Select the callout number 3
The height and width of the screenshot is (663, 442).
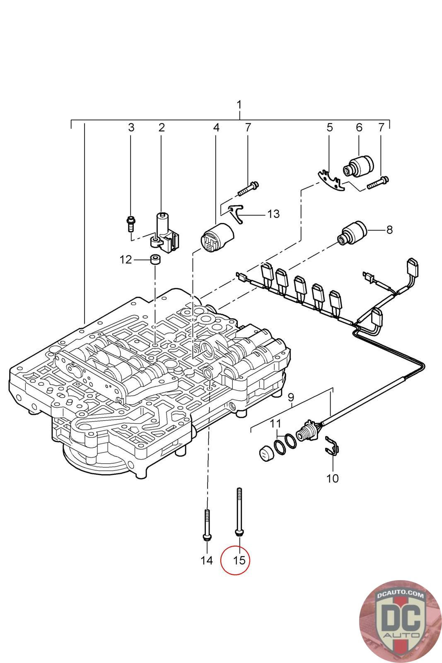(131, 127)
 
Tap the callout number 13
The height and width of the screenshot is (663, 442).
(273, 214)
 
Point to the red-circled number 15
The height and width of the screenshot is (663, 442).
(239, 560)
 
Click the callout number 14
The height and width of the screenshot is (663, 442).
(206, 560)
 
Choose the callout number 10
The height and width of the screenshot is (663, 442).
(332, 479)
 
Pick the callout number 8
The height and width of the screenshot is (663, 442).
(389, 230)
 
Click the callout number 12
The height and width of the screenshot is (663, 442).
(126, 260)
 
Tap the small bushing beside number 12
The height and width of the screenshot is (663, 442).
(155, 260)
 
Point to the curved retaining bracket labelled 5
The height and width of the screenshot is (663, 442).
(331, 181)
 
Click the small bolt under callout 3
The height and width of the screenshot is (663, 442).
(131, 223)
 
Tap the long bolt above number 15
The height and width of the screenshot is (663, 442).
(239, 512)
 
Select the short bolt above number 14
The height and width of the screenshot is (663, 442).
(206, 524)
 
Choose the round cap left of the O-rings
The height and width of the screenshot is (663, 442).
(264, 454)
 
